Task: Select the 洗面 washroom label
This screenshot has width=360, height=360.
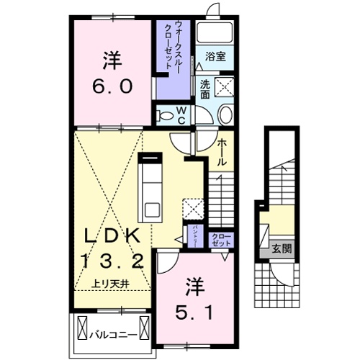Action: click(205, 88)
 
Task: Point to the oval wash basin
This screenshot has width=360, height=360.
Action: click(225, 115)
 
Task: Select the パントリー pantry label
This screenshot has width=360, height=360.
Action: click(196, 235)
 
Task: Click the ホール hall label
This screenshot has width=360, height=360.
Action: click(222, 152)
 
